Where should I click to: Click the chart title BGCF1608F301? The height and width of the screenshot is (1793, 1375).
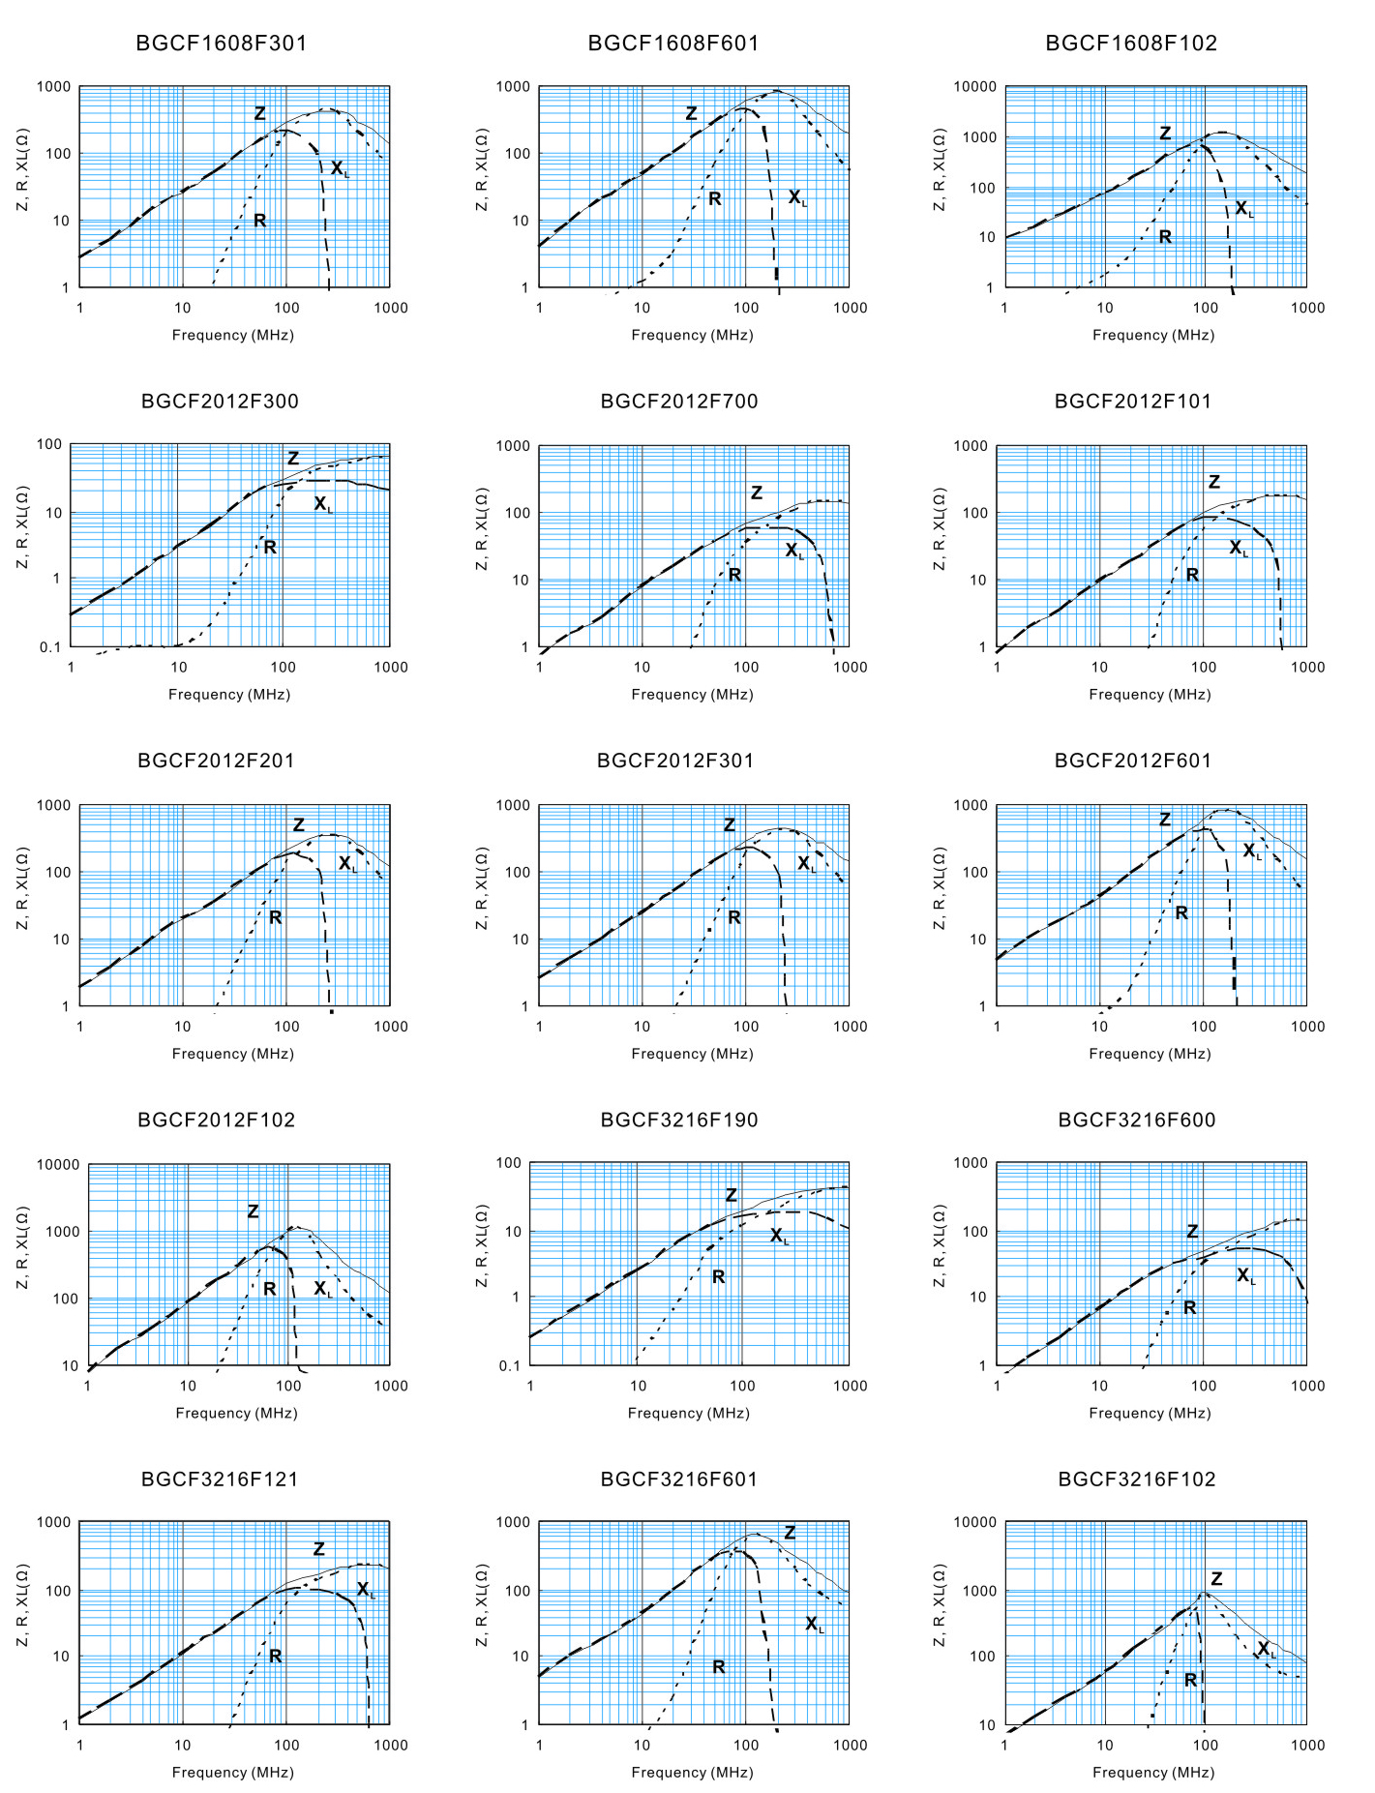(x=221, y=43)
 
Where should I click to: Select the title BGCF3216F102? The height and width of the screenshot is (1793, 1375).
(x=1136, y=1479)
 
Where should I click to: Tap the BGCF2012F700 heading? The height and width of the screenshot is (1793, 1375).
(x=679, y=402)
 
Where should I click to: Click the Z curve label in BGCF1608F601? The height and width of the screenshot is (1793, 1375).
(x=691, y=113)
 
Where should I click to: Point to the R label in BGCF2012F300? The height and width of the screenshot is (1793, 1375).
(x=270, y=548)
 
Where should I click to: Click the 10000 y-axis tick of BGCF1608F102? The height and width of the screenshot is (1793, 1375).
(x=974, y=87)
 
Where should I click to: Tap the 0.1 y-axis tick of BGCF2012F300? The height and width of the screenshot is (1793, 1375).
(x=50, y=647)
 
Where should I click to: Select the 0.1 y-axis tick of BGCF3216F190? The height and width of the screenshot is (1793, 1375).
(x=509, y=1366)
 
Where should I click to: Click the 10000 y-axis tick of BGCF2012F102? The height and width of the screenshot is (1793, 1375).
(x=57, y=1164)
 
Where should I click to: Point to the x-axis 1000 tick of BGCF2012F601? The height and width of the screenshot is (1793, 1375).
(x=1307, y=1027)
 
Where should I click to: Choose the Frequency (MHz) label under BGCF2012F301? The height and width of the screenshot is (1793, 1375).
(x=692, y=1054)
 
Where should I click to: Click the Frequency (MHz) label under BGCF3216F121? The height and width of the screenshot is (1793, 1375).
(x=232, y=1773)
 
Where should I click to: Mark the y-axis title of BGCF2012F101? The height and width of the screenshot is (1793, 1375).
(x=939, y=528)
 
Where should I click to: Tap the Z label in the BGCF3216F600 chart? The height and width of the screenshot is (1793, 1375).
(x=1192, y=1232)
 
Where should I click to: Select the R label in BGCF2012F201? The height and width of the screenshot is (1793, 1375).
(x=275, y=917)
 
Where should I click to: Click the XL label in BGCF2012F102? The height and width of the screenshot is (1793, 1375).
(x=322, y=1289)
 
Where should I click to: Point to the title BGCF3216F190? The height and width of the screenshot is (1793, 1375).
(x=679, y=1120)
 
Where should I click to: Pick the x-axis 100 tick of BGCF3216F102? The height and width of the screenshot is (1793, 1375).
(x=1205, y=1746)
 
